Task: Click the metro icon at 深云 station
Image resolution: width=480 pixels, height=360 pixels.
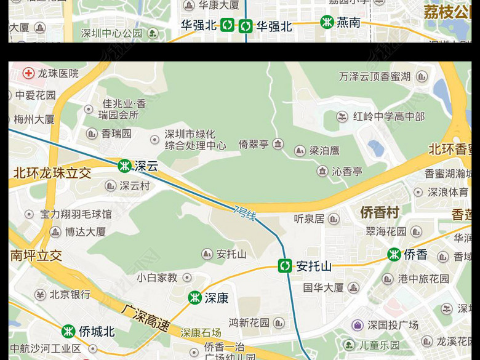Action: [x=124, y=166]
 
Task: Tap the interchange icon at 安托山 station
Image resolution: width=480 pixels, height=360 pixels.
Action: [x=285, y=266]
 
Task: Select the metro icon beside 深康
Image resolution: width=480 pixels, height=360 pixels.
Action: [x=194, y=298]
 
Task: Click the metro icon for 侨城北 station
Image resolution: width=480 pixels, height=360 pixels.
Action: [x=68, y=331]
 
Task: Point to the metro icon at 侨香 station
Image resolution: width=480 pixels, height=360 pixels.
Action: [x=394, y=254]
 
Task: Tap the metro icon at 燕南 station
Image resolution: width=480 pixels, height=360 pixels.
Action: [x=327, y=22]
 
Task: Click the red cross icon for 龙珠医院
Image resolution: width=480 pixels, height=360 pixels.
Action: [x=28, y=73]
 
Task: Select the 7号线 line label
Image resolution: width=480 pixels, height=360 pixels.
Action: [x=244, y=214]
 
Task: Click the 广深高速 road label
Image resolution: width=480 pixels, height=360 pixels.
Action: [x=145, y=318]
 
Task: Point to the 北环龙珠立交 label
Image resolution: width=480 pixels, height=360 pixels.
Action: [x=52, y=173]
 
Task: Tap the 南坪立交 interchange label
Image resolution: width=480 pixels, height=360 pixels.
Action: [x=36, y=255]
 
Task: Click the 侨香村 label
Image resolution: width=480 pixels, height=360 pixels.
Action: [x=380, y=213]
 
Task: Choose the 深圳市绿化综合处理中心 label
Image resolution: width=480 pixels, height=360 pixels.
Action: [x=194, y=140]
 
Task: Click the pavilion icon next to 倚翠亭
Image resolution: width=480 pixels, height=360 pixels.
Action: [x=278, y=144]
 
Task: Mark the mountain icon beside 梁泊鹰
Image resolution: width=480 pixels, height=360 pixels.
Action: [x=300, y=150]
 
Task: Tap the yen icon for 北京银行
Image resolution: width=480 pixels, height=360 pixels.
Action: [x=40, y=294]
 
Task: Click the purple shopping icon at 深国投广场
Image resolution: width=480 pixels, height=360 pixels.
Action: [x=358, y=325]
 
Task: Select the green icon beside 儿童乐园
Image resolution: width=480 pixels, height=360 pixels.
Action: [x=349, y=345]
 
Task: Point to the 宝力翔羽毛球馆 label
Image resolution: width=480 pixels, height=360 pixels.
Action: [x=76, y=214]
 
